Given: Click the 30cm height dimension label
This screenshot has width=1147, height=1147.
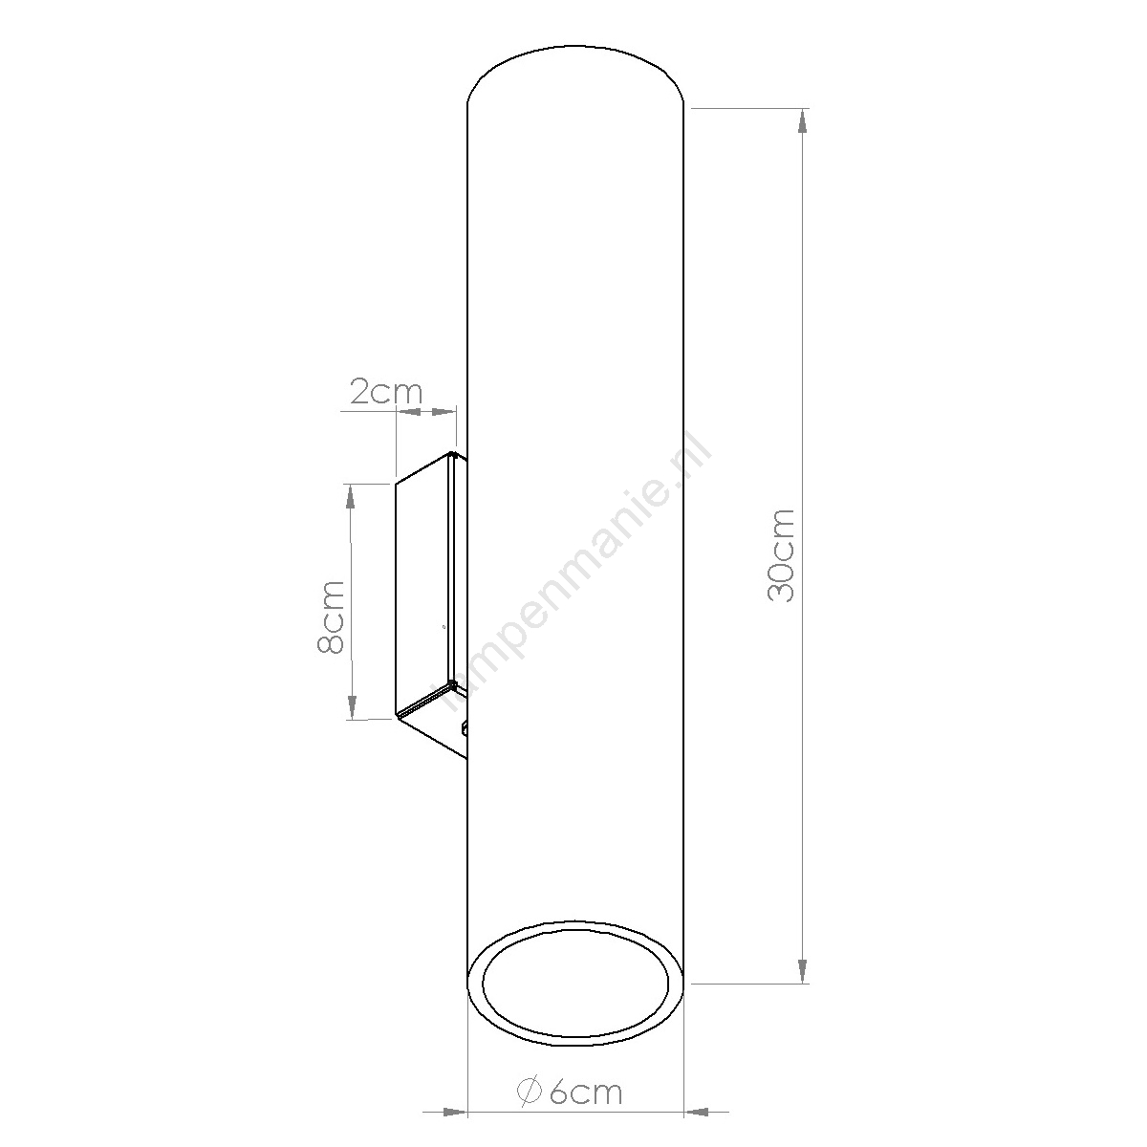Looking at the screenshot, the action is (782, 555).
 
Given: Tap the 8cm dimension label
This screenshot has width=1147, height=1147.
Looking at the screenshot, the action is (331, 617).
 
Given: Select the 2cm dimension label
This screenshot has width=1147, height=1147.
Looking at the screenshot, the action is (386, 391).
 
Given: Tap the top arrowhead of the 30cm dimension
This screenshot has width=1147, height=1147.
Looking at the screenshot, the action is (802, 130).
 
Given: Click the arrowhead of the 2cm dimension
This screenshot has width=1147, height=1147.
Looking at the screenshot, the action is (441, 411).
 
